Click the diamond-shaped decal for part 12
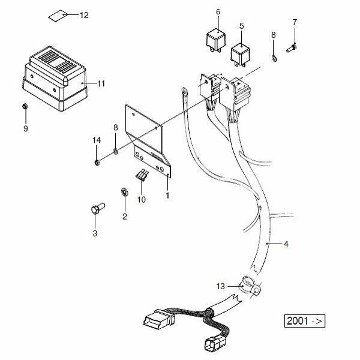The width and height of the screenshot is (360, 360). [58, 15]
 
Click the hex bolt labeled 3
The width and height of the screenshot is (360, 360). [94, 210]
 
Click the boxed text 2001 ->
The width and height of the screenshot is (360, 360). [304, 320]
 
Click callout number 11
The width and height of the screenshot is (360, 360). [101, 83]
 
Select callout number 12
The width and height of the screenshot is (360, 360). [83, 15]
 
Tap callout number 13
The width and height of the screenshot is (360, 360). [220, 286]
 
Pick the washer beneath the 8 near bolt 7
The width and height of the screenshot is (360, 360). [275, 58]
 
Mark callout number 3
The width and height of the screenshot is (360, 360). [94, 234]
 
